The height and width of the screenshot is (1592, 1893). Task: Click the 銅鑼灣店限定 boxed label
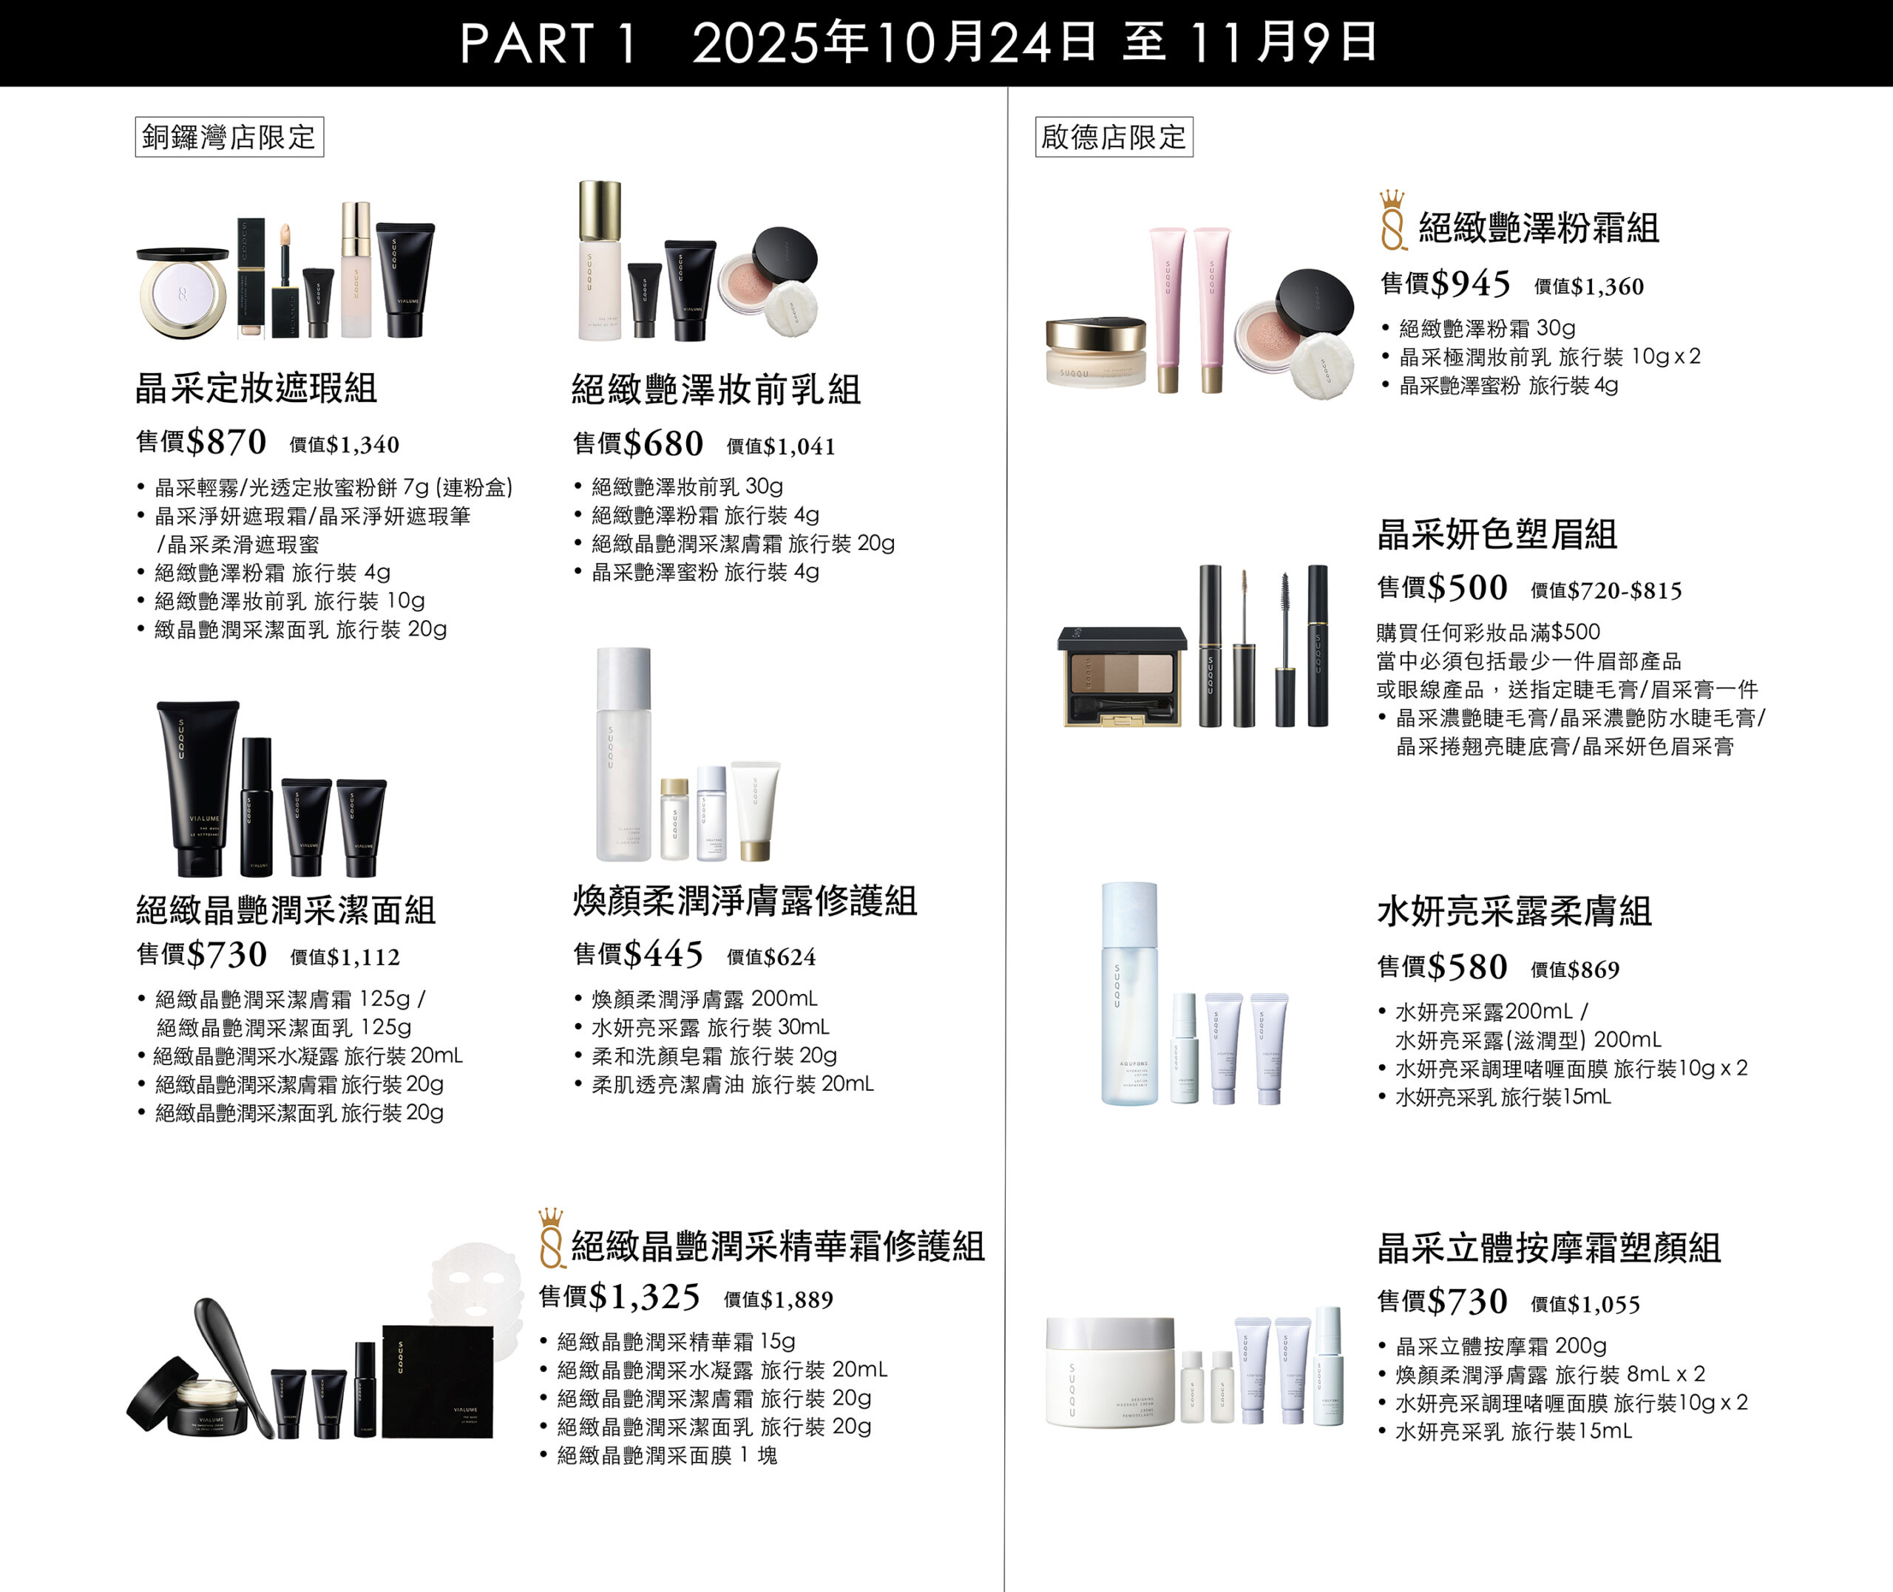[229, 137]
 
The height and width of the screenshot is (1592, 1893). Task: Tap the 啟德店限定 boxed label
[1113, 137]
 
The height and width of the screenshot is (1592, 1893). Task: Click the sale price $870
[226, 442]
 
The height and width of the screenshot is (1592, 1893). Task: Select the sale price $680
[663, 443]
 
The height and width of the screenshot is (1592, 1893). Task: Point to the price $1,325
[643, 1297]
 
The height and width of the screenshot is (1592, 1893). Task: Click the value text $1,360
[1607, 287]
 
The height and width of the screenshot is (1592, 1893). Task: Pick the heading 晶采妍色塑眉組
[1497, 534]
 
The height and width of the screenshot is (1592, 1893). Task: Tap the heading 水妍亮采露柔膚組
[1514, 911]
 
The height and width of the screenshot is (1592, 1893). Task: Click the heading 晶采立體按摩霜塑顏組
[1548, 1248]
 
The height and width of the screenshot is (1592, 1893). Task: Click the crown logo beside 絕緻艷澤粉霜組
[1393, 220]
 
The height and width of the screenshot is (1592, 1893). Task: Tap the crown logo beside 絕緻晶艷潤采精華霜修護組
[551, 1238]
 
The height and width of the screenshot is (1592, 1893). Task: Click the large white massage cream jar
[1109, 1372]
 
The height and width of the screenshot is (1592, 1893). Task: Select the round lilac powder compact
[183, 293]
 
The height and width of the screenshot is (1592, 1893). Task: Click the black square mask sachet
[438, 1381]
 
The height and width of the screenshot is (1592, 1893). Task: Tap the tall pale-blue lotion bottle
[1128, 993]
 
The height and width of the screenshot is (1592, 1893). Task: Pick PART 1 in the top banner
[548, 44]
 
